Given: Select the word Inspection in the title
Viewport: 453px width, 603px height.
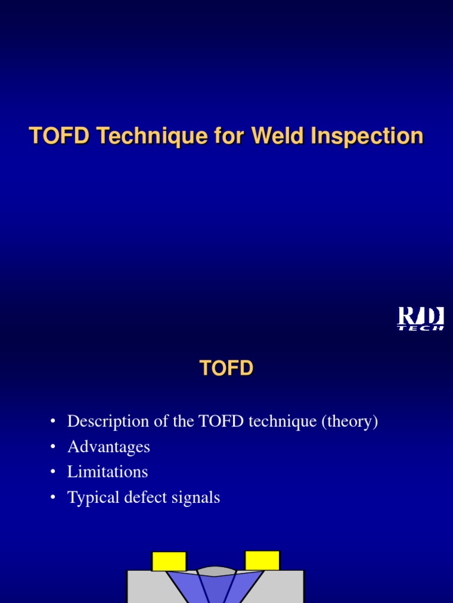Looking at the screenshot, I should (367, 136).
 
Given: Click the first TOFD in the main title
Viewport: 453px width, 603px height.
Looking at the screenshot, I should (59, 136).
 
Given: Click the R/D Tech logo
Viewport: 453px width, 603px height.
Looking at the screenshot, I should (420, 319).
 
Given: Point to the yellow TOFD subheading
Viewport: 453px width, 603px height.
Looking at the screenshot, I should (226, 369).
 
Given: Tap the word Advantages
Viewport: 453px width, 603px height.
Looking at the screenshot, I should (109, 447).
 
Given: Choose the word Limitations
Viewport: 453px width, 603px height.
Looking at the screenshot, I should (107, 472).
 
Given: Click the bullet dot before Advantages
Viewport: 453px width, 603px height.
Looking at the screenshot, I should (53, 448).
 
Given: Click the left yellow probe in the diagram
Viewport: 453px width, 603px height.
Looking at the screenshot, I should (169, 561).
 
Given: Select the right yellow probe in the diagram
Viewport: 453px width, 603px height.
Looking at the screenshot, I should (262, 560).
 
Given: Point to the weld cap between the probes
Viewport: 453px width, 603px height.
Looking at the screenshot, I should (216, 571).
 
